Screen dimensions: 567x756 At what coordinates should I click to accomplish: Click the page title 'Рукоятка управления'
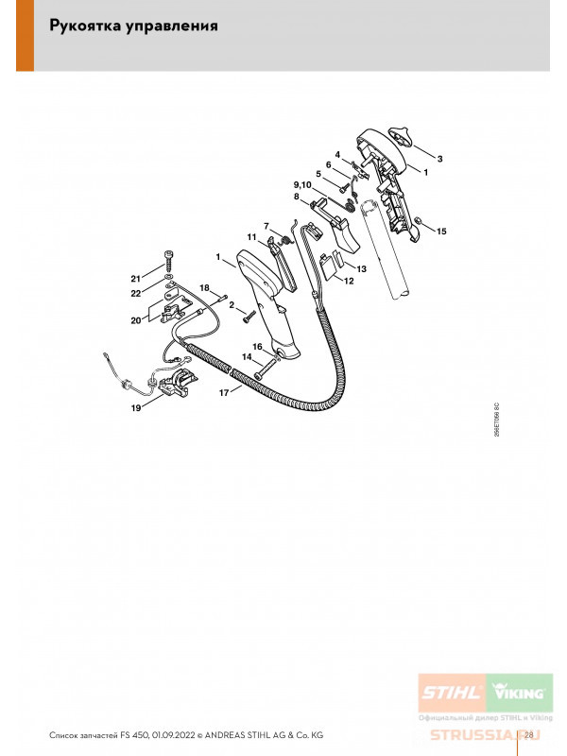coord(133,26)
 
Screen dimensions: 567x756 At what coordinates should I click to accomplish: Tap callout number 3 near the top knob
coord(439,159)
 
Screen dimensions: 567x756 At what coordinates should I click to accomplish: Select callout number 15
coord(441,232)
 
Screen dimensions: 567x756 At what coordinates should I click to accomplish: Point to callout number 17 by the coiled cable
coord(224,393)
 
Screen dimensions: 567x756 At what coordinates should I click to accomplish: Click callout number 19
coord(136,408)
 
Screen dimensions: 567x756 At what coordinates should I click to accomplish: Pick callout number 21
coord(136,279)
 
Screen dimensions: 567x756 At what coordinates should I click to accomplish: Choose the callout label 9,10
coord(302,185)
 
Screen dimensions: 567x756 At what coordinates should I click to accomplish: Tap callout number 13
coord(361,269)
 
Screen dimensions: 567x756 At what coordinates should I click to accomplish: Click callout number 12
coord(349,281)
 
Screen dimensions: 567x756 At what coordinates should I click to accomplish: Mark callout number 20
coord(136,320)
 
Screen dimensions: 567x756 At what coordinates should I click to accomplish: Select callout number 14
coord(247,357)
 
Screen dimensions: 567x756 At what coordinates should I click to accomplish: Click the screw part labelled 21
coord(168,262)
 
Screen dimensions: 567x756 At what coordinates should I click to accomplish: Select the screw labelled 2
coord(249,316)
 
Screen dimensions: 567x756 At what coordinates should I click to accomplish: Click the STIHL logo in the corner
coord(452,693)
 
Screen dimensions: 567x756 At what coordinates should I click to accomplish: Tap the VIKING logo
coord(519,693)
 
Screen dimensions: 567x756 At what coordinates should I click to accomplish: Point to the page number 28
coord(528,735)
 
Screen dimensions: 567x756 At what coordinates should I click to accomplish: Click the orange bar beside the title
coord(26,36)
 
